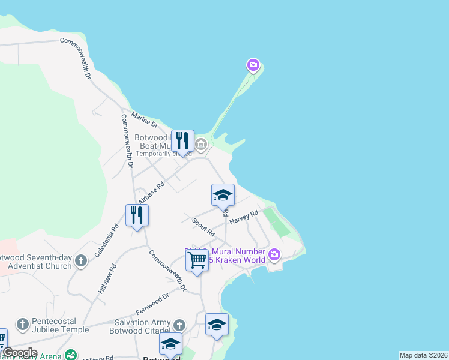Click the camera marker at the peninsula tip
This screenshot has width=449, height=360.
tap(253, 64)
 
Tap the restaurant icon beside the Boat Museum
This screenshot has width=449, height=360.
tap(182, 142)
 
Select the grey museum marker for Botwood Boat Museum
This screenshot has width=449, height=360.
tap(201, 144)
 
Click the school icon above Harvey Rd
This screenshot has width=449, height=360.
tap(223, 195)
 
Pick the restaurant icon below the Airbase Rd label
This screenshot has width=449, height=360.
tap(137, 215)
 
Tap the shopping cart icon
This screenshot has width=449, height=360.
tap(197, 260)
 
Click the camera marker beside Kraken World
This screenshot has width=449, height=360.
tap(274, 255)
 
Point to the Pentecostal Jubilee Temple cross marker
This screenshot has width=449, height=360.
tap(23, 325)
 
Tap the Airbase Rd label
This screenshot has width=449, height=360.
tap(151, 193)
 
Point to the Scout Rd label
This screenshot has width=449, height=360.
tap(203, 227)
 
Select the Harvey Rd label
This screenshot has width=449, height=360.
tap(243, 217)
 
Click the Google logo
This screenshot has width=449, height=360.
tap(20, 353)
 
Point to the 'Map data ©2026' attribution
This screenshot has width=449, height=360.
tap(423, 355)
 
